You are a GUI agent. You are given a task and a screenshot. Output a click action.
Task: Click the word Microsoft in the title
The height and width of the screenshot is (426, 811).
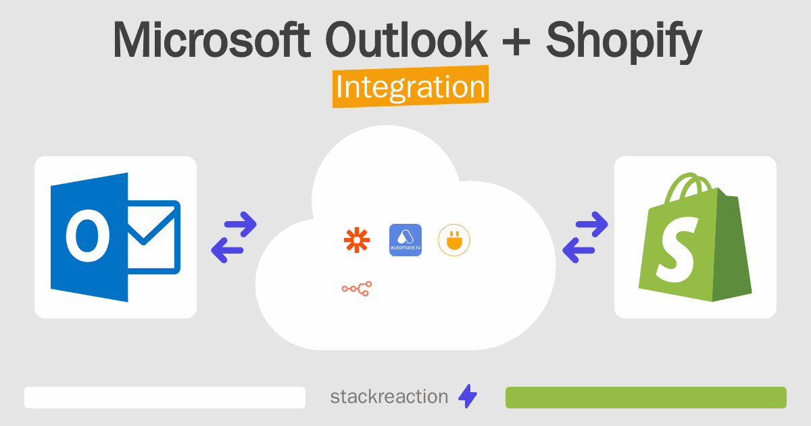212,40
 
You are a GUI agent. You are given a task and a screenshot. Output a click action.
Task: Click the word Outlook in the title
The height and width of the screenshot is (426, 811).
407,39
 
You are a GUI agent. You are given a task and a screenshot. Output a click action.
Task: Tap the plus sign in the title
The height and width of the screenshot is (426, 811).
516,43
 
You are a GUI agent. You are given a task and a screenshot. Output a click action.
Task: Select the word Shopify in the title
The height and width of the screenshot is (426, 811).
624,43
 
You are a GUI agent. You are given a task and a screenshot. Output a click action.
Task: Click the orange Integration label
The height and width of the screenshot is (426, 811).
411,87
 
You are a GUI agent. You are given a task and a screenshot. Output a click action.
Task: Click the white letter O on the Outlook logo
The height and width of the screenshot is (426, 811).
87,235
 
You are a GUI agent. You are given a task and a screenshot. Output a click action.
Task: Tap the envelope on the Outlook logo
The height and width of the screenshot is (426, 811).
153,237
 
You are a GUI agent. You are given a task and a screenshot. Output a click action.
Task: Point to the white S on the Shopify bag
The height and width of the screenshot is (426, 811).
677,250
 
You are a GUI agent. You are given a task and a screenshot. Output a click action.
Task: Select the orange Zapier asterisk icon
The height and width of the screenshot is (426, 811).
357,240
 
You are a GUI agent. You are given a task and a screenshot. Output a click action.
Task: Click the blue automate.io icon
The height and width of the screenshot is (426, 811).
405,240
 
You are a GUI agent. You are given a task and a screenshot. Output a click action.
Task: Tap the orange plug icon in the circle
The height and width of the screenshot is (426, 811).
454,240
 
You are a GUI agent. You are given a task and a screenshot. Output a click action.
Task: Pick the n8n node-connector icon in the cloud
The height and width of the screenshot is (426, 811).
357,289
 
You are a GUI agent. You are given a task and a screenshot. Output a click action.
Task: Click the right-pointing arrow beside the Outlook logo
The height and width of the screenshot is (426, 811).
241,224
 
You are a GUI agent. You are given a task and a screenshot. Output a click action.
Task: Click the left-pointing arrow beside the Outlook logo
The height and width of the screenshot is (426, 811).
227,250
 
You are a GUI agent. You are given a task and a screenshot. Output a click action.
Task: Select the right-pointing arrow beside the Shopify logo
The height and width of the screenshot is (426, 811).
592,224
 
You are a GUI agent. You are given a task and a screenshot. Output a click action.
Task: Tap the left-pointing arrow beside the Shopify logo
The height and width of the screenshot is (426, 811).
579,250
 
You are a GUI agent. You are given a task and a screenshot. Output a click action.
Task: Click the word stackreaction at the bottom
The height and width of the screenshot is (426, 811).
389,397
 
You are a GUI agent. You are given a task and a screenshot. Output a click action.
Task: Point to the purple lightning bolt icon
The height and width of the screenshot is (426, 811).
468,396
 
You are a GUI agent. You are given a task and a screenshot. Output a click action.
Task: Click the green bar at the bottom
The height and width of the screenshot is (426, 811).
646,398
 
